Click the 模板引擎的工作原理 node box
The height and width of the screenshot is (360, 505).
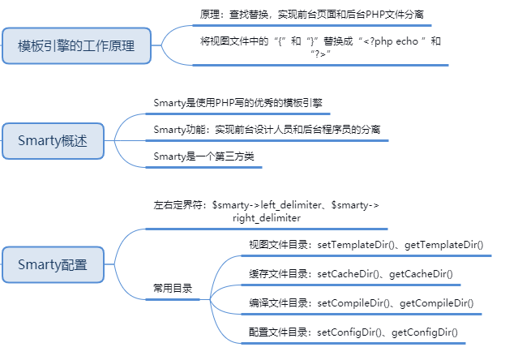point(77,46)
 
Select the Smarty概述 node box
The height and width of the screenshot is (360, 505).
point(53,142)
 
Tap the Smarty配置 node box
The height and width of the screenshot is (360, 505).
point(53,264)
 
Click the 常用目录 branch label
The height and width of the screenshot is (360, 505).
point(173,288)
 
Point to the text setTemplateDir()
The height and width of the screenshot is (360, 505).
point(355,244)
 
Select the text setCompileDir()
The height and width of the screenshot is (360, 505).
point(355,302)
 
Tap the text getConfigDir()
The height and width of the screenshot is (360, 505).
point(425,332)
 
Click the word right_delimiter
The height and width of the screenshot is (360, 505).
point(267,218)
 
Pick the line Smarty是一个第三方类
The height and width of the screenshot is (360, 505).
point(204,155)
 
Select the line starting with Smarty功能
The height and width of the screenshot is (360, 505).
point(267,129)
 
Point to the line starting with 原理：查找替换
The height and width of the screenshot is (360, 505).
point(310,14)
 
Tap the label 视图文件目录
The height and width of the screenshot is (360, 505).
point(279,244)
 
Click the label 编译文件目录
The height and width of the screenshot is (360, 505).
point(279,302)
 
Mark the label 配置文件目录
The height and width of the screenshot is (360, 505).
point(279,332)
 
